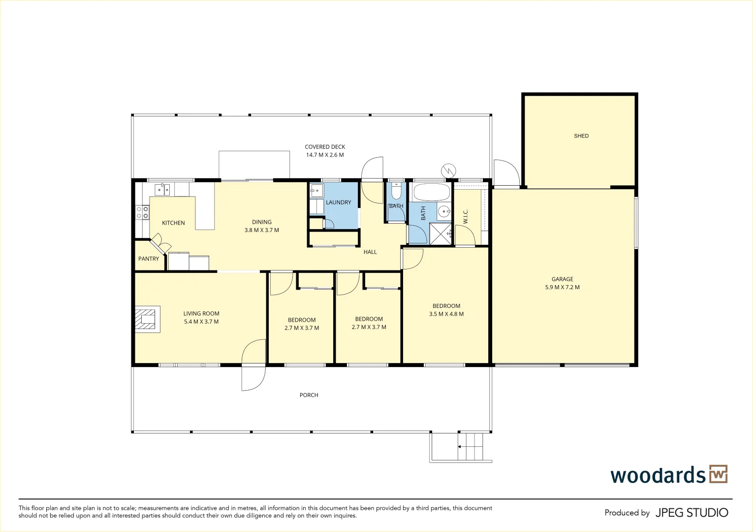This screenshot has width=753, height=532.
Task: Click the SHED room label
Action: [581, 136]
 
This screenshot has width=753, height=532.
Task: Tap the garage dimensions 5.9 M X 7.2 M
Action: [563, 287]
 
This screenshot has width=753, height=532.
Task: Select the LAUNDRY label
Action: [338, 202]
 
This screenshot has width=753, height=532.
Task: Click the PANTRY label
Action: [149, 259]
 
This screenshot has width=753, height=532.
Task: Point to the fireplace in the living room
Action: [148, 319]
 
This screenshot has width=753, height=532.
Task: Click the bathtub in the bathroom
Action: [432, 192]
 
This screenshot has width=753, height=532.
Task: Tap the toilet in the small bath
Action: [396, 191]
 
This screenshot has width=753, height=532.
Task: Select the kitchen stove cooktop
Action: [142, 212]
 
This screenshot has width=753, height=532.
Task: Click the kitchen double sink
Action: [162, 190]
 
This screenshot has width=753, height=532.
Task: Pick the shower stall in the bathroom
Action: [440, 233]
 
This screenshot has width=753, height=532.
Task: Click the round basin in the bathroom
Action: [444, 212]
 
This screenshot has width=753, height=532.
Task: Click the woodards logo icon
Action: [718, 474]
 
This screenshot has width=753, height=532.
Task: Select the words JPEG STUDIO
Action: [692, 513]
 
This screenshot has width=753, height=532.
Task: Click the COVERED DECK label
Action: [325, 147]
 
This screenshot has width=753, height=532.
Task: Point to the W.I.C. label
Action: [466, 216]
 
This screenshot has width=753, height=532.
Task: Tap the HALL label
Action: [370, 252]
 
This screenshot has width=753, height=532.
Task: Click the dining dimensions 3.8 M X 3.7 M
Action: [261, 230]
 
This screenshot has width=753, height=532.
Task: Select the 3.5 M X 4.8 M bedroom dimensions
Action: [446, 314]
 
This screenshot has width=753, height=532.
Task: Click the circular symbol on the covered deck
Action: [449, 170]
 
